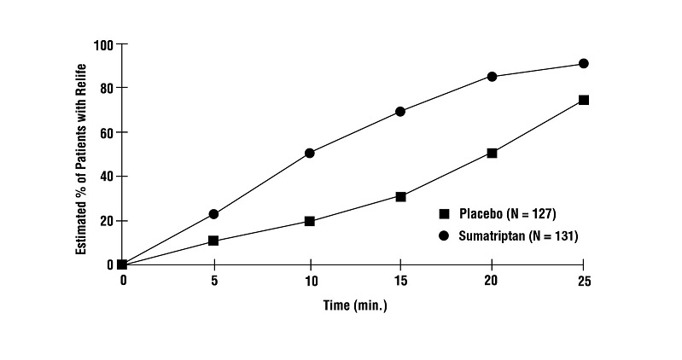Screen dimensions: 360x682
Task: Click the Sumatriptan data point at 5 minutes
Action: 213,214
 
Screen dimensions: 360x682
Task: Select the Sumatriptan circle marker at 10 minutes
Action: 309,154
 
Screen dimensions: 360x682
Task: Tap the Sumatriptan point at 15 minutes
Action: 400,112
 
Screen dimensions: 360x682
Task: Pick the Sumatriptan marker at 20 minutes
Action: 493,77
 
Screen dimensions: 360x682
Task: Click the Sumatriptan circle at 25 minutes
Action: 584,64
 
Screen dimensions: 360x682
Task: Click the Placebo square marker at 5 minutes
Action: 213,241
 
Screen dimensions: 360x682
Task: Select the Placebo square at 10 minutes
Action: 309,221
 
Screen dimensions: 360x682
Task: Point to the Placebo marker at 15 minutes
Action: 400,196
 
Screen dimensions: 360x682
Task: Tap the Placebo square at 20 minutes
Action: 493,153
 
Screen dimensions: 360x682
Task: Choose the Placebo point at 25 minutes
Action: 584,100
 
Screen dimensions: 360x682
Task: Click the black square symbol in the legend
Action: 444,213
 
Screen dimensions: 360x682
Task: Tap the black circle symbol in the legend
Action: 444,235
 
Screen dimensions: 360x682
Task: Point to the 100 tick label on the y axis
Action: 103,44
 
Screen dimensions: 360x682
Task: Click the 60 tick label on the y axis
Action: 107,132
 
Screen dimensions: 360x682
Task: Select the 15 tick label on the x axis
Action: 400,280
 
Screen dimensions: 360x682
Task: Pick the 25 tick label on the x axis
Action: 584,280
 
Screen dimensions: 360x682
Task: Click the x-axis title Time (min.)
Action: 354,304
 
